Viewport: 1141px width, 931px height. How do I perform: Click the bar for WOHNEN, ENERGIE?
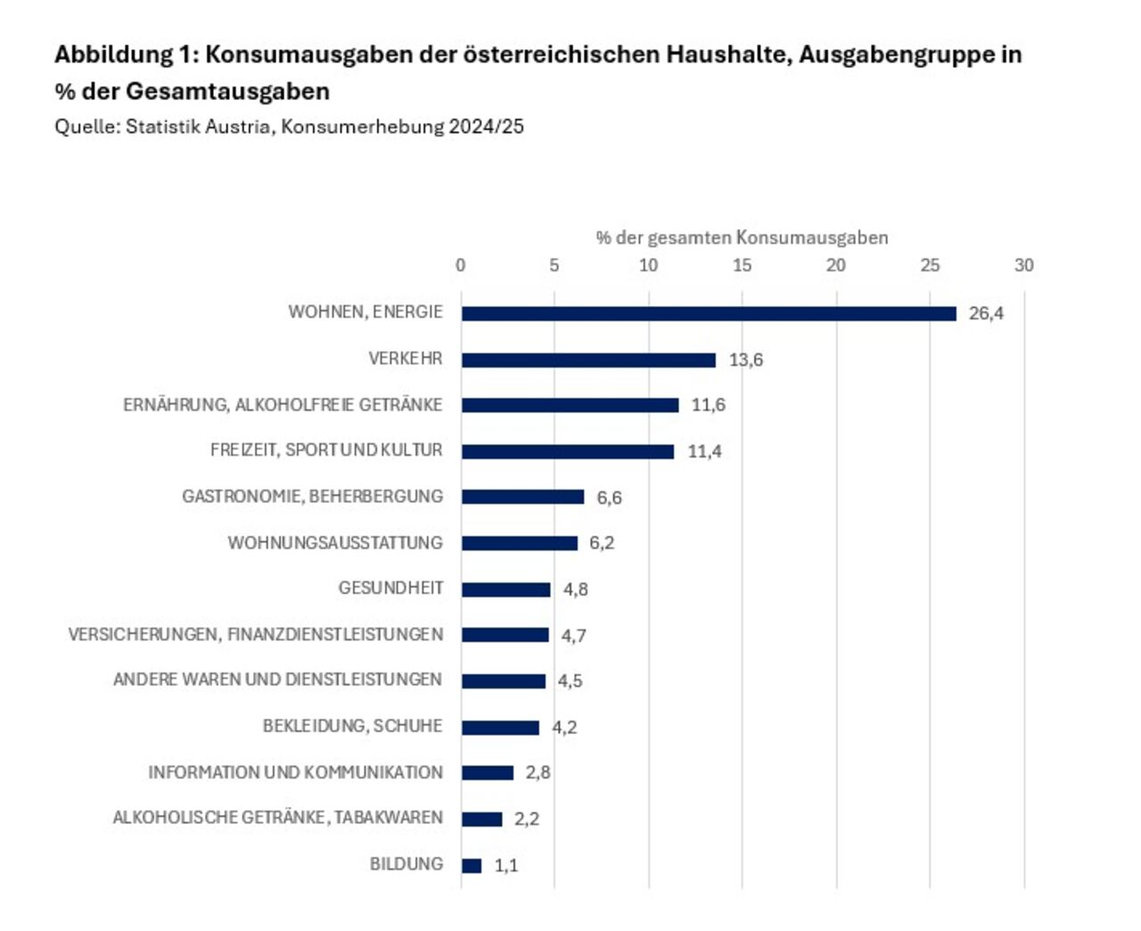point(709,314)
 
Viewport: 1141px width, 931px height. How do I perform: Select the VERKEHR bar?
point(588,360)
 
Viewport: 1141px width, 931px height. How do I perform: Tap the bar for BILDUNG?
point(472,866)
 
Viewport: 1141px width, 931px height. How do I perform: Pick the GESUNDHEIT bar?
point(506,589)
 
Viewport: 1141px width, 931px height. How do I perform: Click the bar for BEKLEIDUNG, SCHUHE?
point(500,728)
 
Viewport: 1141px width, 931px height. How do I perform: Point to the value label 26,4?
point(986,314)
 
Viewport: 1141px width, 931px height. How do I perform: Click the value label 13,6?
point(746,360)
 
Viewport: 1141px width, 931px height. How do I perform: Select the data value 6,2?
point(602,543)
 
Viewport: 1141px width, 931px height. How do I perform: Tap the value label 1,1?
point(506,866)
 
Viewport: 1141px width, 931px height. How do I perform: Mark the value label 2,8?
point(538,773)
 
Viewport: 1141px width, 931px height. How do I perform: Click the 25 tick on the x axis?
point(930,266)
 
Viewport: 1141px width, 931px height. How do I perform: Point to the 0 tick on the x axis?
point(460,266)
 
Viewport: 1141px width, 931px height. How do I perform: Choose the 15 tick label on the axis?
point(742,266)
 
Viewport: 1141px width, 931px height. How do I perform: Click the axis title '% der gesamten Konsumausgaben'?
point(742,238)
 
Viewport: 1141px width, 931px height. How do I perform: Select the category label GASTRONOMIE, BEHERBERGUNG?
point(312,497)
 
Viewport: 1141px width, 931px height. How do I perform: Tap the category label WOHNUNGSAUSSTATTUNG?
point(335,543)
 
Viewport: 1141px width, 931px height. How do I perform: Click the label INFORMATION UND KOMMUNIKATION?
point(295,773)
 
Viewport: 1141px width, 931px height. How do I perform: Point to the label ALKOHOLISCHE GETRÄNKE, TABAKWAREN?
point(277,819)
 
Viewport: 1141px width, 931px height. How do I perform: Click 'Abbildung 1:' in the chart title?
point(127,54)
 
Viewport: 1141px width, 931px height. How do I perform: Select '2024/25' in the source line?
point(486,127)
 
